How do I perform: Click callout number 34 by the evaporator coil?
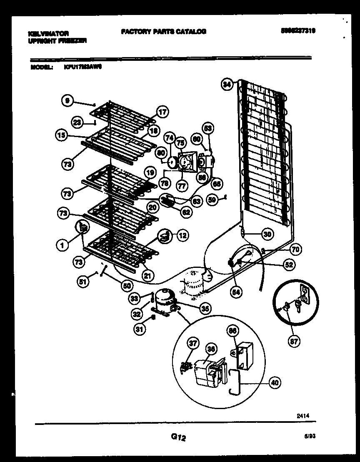227,85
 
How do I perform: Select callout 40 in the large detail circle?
274,382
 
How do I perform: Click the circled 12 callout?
182,235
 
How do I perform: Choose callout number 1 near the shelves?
62,246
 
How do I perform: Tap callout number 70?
295,250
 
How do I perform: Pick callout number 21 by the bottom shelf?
148,275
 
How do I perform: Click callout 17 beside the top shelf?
162,112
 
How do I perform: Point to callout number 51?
84,282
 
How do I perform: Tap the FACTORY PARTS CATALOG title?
163,31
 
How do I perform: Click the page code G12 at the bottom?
178,437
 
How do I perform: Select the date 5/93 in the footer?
309,437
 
